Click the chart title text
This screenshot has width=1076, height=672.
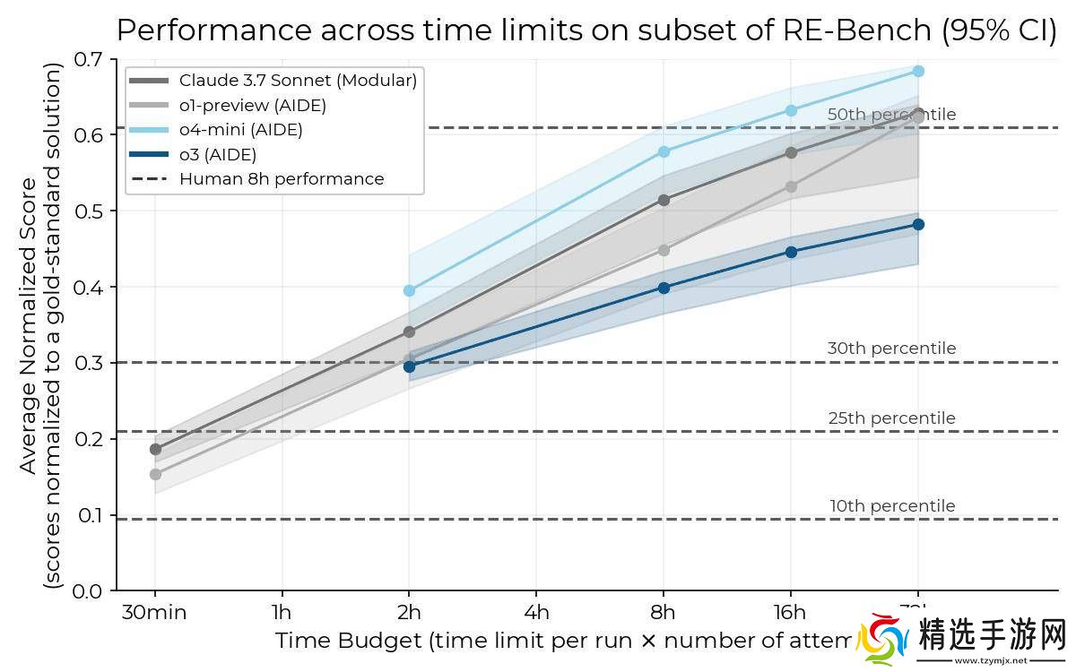(587, 30)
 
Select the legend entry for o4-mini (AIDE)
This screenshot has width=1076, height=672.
(240, 130)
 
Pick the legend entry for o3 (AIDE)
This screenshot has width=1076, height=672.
(217, 154)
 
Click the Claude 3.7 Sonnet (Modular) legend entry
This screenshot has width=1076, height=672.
(298, 81)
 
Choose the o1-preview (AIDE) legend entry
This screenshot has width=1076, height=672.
(252, 106)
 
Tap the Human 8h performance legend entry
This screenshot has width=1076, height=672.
(281, 179)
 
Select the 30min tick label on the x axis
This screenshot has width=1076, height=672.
(155, 613)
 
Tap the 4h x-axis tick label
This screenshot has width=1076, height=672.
(536, 613)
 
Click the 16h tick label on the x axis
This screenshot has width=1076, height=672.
(790, 613)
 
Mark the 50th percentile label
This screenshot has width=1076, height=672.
(891, 115)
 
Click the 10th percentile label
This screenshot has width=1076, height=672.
(892, 506)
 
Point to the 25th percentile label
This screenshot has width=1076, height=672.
(892, 418)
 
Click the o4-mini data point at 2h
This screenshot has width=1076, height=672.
(410, 290)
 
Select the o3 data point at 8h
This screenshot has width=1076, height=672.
(664, 288)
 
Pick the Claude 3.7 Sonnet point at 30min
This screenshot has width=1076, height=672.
(155, 449)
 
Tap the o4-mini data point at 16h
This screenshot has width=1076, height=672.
(791, 110)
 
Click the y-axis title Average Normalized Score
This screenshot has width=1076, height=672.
(30, 324)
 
